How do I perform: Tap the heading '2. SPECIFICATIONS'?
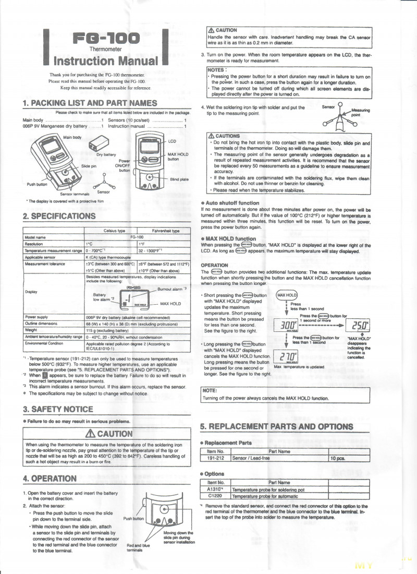[x=59, y=216]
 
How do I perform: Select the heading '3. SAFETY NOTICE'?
[x=58, y=409]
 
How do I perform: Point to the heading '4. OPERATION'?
[x=50, y=479]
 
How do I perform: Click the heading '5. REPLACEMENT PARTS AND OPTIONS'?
[x=277, y=426]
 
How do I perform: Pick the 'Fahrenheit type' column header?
[x=166, y=231]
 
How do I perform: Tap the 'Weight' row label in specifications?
[x=31, y=330]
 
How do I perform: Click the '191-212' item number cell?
[x=215, y=458]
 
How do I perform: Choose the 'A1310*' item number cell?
[x=215, y=490]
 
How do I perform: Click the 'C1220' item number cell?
[x=215, y=496]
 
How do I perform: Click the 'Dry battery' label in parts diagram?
[x=106, y=154]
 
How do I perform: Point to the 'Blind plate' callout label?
[x=180, y=180]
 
